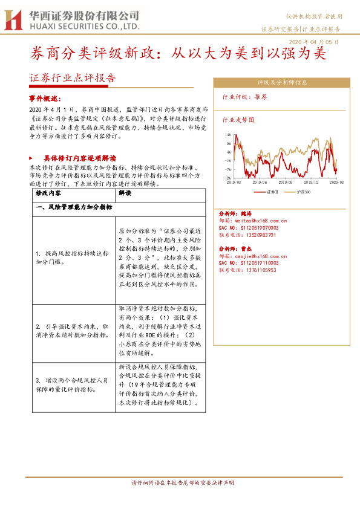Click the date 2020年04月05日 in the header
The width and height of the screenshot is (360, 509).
click(315, 42)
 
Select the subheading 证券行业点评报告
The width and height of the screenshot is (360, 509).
click(72, 78)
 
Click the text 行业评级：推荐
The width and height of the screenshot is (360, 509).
click(245, 97)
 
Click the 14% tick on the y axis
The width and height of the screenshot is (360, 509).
click(227, 135)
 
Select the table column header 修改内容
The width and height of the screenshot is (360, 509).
click(49, 194)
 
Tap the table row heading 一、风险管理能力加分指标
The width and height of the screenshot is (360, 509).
click(73, 207)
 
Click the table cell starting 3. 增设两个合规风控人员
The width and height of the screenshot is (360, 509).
click(72, 384)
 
